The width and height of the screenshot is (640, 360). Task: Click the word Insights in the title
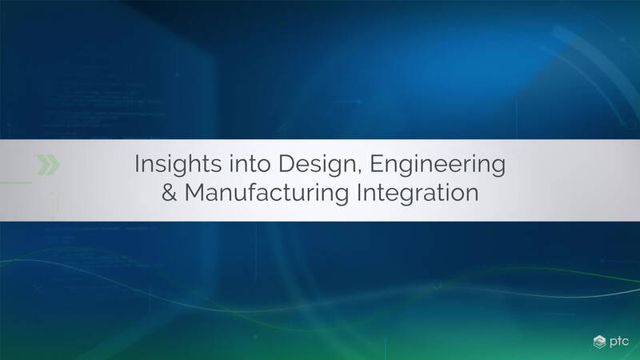(178, 165)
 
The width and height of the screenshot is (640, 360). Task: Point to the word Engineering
(438, 165)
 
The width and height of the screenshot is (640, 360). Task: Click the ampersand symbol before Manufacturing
(169, 193)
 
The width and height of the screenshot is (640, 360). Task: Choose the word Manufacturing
(266, 193)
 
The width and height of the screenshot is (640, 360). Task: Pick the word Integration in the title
(418, 193)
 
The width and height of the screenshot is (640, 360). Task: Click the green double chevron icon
(49, 165)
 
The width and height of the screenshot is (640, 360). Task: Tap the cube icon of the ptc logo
(599, 342)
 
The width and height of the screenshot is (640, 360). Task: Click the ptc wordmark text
(619, 342)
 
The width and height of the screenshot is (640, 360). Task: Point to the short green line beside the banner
(16, 182)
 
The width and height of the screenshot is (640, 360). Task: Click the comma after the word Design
(359, 172)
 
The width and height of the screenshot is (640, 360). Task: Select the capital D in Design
(287, 164)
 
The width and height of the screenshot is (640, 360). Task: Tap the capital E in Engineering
(376, 164)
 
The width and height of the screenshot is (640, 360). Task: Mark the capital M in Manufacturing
(194, 193)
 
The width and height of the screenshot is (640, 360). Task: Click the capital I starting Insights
(137, 164)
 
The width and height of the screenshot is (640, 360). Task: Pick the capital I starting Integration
(359, 193)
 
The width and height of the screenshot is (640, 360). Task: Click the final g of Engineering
(498, 167)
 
